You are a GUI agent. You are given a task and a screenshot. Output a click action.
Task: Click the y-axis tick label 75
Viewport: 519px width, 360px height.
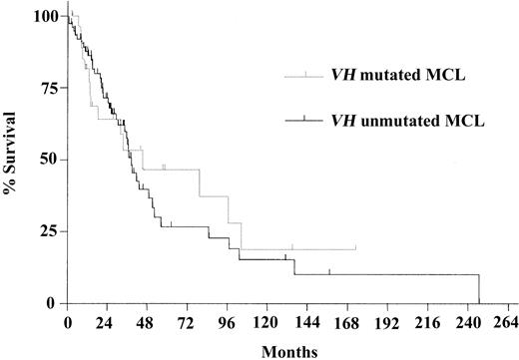46,88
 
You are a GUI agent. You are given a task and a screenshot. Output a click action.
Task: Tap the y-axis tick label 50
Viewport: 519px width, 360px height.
46,160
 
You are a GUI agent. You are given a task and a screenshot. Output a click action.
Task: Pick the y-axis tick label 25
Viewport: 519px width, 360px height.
46,231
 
